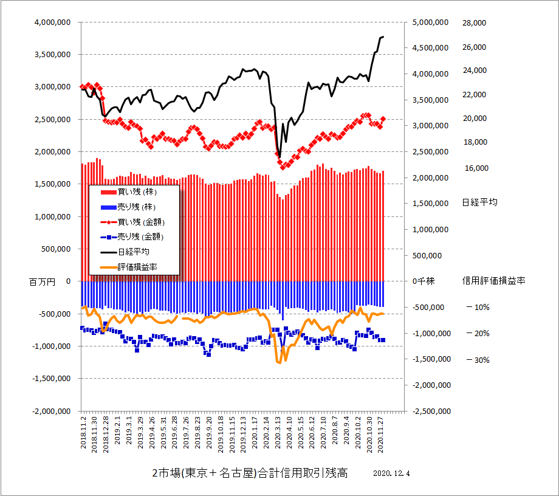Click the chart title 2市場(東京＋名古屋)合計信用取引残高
tap(250, 474)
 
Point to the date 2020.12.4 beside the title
tap(393, 474)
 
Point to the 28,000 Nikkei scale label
tap(475, 22)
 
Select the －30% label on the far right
tap(478, 360)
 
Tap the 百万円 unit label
tap(42, 281)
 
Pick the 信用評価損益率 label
tap(493, 281)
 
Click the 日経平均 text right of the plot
tap(479, 202)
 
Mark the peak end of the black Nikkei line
tap(383, 37)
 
